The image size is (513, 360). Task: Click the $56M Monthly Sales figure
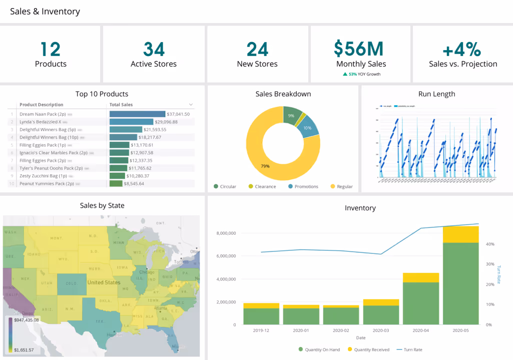point(358,49)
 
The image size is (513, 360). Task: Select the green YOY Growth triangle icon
point(345,74)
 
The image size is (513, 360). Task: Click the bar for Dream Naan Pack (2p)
point(137,114)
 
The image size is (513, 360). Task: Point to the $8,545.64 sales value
point(135,184)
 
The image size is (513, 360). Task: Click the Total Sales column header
point(121,105)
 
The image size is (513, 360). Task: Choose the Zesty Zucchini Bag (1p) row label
point(43,176)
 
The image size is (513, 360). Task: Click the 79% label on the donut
point(265,166)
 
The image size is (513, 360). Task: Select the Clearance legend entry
point(262,187)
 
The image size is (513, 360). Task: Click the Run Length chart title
point(436,94)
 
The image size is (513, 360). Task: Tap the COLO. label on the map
point(71,283)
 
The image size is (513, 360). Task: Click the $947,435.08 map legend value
point(27,319)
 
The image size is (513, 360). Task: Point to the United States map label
point(104,282)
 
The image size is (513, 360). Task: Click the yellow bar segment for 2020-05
point(460,234)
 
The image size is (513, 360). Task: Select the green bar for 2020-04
point(420,303)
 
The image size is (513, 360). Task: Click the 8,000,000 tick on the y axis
point(226,233)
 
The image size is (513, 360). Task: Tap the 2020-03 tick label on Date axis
point(381,330)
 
